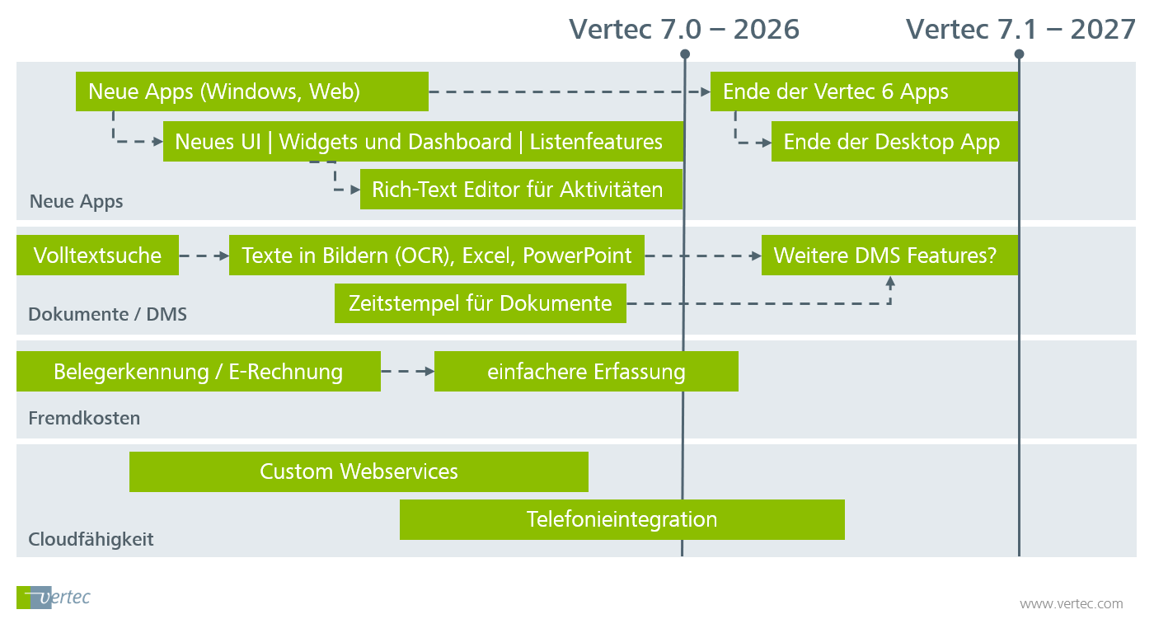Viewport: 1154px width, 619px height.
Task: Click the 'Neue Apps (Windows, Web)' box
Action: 251,91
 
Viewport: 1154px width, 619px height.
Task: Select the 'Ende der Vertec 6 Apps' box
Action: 864,91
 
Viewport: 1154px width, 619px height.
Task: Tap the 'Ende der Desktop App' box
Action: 894,142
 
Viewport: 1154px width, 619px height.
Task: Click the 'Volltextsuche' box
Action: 97,256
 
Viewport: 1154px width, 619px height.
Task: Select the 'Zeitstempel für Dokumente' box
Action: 480,303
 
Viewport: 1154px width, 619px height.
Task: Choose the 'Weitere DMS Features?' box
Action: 889,256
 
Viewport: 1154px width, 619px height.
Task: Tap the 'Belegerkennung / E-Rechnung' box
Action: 198,372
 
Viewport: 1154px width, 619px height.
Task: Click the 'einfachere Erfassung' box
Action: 586,372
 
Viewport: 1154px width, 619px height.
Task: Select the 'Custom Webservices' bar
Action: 359,472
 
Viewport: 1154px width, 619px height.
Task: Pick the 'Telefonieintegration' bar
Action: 622,520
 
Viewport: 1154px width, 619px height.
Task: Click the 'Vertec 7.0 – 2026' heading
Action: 684,30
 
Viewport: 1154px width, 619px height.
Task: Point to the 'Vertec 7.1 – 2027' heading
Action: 1020,30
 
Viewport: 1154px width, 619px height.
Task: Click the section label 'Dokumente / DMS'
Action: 107,314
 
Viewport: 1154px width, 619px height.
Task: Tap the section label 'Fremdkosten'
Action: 84,418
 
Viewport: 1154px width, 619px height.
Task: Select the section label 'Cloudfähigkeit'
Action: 91,540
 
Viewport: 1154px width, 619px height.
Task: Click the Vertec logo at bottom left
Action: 53,597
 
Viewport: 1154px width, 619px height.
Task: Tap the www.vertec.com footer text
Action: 1071,604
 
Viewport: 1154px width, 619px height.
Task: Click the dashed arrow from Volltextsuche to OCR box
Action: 204,256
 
